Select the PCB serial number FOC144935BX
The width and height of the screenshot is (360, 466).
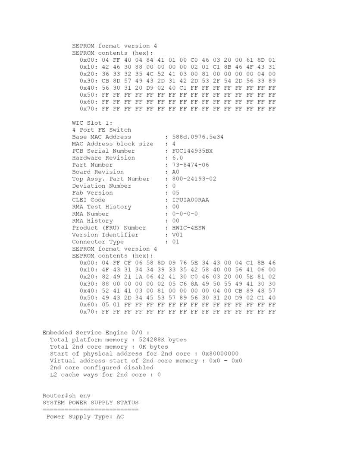[x=192, y=151]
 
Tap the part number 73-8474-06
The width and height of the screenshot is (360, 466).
[x=190, y=165]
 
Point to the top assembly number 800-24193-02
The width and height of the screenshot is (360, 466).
[x=194, y=179]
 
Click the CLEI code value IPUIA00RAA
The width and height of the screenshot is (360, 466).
[x=190, y=200]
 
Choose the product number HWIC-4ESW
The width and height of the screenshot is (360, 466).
[x=188, y=228]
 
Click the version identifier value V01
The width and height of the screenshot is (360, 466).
[x=177, y=235]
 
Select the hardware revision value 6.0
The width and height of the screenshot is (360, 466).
[x=177, y=158]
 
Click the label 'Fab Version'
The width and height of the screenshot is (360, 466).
[x=92, y=193]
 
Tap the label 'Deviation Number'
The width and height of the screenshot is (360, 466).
[x=101, y=186]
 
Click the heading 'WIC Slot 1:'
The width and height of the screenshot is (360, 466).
[x=92, y=123]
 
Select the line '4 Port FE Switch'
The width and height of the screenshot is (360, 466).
[x=101, y=130]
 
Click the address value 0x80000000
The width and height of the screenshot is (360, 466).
[x=220, y=354]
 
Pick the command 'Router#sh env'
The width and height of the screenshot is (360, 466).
[x=66, y=396]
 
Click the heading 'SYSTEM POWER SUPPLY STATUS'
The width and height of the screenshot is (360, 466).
[x=91, y=403]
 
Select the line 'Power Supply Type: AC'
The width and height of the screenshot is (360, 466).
[x=85, y=417]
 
